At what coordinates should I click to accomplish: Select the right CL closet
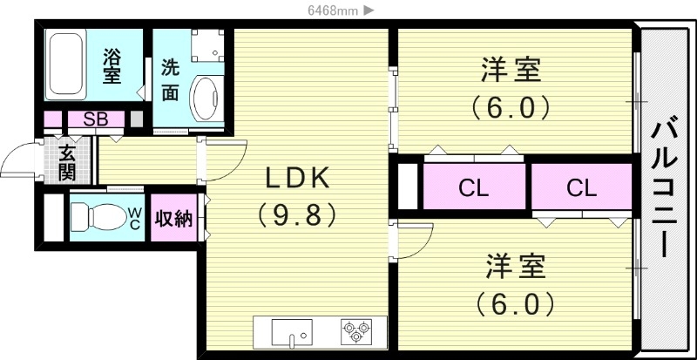[580, 187]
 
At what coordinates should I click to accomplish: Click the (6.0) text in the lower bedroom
[513, 304]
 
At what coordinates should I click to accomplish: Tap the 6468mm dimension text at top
[328, 10]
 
